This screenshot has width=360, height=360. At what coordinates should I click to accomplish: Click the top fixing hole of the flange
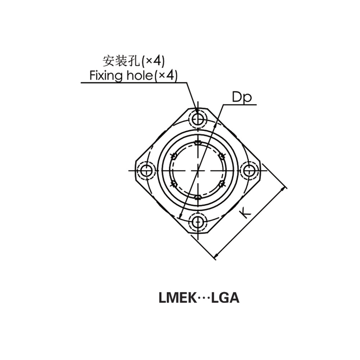tap(198, 119)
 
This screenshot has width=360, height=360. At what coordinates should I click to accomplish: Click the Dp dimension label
tap(241, 97)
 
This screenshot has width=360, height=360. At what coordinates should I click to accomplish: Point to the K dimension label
tap(245, 212)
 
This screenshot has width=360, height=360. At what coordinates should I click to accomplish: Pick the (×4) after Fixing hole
tap(166, 75)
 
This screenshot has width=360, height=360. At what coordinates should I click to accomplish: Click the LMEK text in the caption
tap(175, 298)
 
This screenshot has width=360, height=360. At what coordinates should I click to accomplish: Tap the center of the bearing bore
tap(198, 171)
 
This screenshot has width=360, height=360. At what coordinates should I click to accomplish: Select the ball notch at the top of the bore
tap(198, 144)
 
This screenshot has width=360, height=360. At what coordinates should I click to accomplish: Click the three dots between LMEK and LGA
tap(200, 298)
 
